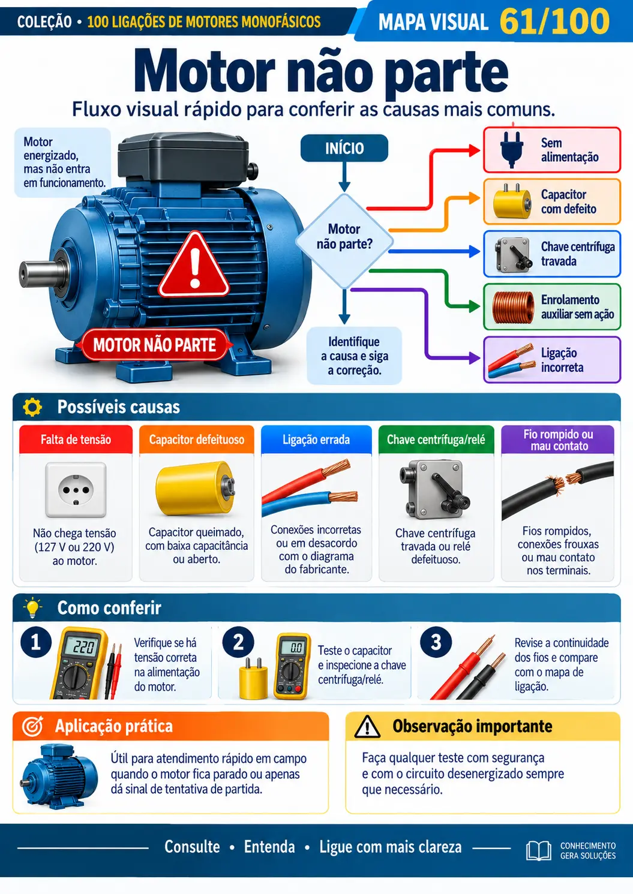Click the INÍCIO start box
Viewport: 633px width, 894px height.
click(x=344, y=148)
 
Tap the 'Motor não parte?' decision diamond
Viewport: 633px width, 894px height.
click(x=344, y=241)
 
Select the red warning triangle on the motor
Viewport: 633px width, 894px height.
click(x=194, y=266)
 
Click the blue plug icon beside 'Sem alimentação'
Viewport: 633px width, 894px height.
click(x=512, y=149)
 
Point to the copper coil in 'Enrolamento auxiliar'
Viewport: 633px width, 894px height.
click(x=514, y=307)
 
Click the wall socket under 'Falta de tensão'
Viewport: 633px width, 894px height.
click(x=76, y=489)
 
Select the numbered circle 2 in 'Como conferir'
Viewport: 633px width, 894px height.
click(x=238, y=642)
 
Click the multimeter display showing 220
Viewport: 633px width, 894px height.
click(x=83, y=646)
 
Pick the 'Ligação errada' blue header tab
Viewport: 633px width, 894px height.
click(x=316, y=440)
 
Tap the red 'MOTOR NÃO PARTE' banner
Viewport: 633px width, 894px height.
click(x=155, y=345)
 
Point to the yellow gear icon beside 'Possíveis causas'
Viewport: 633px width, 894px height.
click(x=32, y=407)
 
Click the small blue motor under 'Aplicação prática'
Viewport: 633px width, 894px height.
click(x=59, y=776)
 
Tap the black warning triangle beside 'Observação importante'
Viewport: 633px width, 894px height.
click(x=367, y=727)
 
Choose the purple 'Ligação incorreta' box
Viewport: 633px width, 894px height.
click(x=552, y=360)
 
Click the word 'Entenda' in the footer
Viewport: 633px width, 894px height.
click(x=269, y=847)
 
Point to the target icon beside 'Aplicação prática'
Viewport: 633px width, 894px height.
click(x=32, y=726)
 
